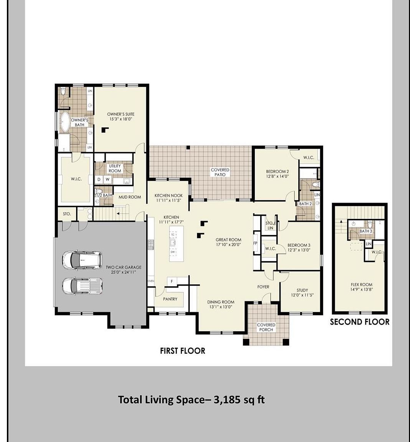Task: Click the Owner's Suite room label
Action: [121, 114]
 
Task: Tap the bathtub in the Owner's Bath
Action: [64, 122]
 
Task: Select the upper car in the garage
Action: [82, 260]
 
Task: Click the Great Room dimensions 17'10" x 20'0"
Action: [228, 245]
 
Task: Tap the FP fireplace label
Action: [255, 244]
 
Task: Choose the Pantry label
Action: [170, 299]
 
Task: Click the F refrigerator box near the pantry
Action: [172, 282]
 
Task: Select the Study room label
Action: [302, 290]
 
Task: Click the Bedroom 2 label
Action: [277, 172]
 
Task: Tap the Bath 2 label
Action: [305, 204]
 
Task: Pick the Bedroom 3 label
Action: [299, 245]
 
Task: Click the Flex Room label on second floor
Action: [361, 285]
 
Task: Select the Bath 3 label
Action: [365, 231]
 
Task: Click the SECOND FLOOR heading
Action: [359, 322]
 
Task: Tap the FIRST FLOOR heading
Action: [182, 351]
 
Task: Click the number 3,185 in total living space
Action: [228, 400]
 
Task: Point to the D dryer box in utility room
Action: [99, 179]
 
